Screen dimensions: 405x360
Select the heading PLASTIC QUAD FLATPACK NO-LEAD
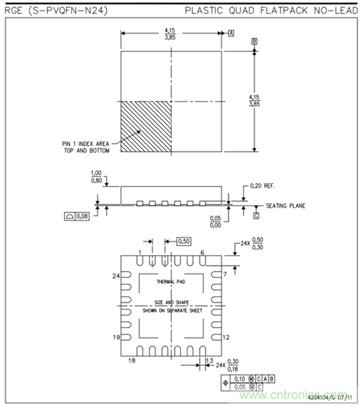270,11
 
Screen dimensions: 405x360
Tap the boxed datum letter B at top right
254,41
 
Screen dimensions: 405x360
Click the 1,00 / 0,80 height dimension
96,178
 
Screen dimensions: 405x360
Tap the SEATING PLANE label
283,206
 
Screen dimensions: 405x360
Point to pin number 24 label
117,277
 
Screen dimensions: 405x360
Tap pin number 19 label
117,337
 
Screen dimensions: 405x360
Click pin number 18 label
132,361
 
